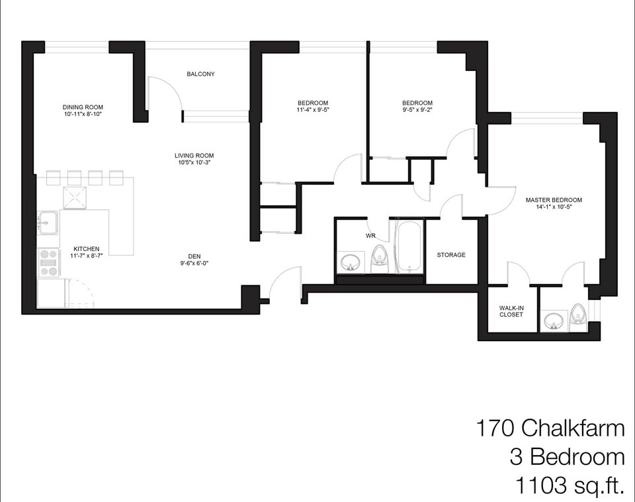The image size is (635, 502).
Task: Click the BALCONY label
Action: (x=200, y=74)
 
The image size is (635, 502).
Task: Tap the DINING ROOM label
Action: (x=83, y=107)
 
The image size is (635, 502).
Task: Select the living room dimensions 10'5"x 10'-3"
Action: (x=194, y=162)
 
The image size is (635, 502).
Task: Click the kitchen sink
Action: (x=48, y=223)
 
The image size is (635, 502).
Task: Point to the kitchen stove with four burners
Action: (x=49, y=263)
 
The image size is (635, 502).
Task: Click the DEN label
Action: (x=194, y=256)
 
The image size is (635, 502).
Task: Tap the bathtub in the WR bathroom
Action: (x=410, y=246)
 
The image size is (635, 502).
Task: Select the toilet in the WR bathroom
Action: (x=380, y=259)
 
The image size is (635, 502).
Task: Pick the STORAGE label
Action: (x=451, y=255)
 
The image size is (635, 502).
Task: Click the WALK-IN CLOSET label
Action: (x=511, y=311)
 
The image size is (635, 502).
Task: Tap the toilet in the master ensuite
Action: (x=577, y=315)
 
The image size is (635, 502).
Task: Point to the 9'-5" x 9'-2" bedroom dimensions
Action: (x=417, y=109)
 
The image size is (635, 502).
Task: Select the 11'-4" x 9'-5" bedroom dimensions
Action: (x=313, y=109)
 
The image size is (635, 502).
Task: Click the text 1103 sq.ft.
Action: (x=569, y=485)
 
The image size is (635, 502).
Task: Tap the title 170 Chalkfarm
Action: (x=550, y=428)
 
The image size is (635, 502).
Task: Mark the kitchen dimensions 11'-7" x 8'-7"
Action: (x=86, y=256)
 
